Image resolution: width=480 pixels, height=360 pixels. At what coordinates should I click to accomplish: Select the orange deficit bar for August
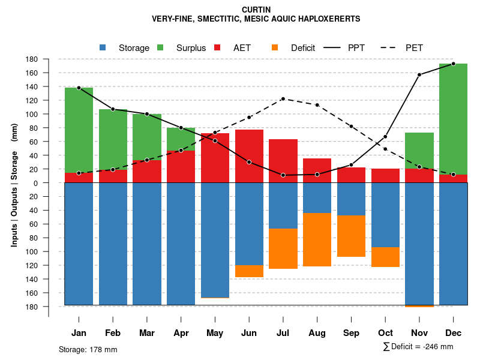317,239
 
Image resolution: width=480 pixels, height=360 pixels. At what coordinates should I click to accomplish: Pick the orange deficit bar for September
351,236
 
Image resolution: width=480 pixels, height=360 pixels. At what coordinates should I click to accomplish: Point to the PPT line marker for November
419,74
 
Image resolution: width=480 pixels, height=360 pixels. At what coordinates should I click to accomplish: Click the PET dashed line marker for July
283,99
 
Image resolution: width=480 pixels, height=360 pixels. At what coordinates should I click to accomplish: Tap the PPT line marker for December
453,64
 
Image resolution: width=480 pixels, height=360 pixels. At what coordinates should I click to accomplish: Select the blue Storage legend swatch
103,47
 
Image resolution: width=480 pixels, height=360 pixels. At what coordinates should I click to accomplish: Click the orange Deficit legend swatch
275,47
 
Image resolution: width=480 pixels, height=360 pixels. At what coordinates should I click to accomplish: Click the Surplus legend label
191,48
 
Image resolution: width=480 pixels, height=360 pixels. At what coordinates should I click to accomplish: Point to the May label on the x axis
215,333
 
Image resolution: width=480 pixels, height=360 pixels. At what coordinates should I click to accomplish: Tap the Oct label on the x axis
385,333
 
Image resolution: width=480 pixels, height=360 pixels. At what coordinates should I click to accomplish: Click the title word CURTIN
256,10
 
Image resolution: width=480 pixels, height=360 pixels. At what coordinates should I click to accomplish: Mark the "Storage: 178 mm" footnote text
88,349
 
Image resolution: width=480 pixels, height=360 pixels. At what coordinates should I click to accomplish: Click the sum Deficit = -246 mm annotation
418,347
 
